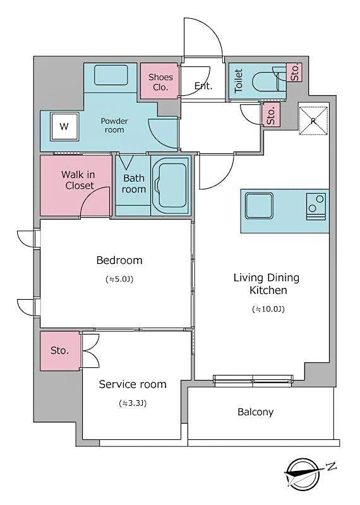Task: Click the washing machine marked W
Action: (x=63, y=126)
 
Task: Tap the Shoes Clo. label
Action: (x=160, y=82)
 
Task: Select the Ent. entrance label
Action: (x=203, y=86)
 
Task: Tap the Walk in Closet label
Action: (x=78, y=180)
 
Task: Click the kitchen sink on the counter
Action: (x=259, y=206)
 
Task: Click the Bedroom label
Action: (x=119, y=260)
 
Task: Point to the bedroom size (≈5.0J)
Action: (x=119, y=279)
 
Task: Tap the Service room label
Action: (x=133, y=384)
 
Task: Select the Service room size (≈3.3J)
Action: (x=133, y=403)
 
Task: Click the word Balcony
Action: (x=255, y=412)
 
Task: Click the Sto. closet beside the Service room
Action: (x=61, y=350)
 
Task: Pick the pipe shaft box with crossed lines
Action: (x=312, y=118)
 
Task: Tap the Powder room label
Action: (x=114, y=125)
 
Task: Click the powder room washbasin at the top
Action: (x=111, y=76)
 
